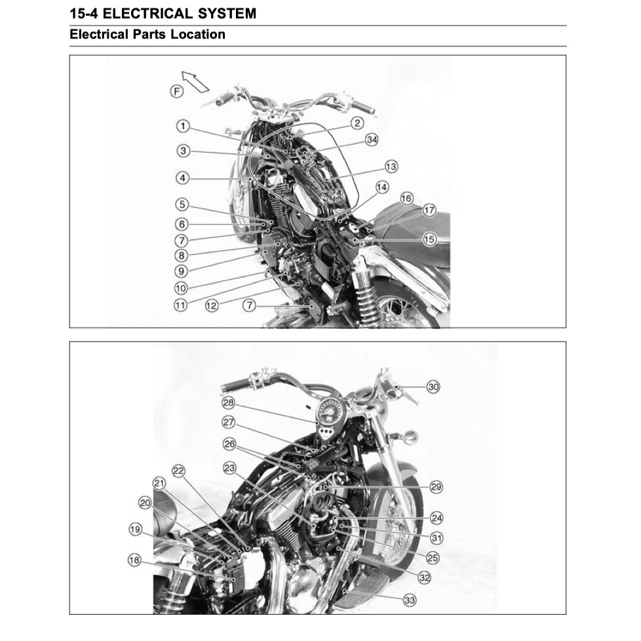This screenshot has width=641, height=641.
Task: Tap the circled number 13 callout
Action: pyautogui.click(x=391, y=166)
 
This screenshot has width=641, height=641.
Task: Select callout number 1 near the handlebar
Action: pyautogui.click(x=183, y=125)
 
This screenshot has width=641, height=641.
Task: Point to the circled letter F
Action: pyautogui.click(x=177, y=91)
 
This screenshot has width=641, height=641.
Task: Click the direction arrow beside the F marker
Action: pyautogui.click(x=195, y=81)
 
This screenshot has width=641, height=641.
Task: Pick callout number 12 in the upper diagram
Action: pyautogui.click(x=212, y=305)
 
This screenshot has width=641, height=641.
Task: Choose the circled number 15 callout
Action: pyautogui.click(x=429, y=239)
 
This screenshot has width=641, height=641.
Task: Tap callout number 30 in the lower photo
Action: pyautogui.click(x=433, y=387)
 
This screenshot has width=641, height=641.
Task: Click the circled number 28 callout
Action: pyautogui.click(x=227, y=402)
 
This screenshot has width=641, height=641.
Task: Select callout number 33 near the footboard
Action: pyautogui.click(x=409, y=599)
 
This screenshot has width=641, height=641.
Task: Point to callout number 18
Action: pyautogui.click(x=134, y=560)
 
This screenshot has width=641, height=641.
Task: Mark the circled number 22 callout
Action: pyautogui.click(x=179, y=470)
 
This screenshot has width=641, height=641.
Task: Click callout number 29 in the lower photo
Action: pyautogui.click(x=436, y=486)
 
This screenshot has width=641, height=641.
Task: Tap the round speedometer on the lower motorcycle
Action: pyautogui.click(x=330, y=412)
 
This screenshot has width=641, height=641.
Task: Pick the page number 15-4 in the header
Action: pyautogui.click(x=85, y=13)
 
